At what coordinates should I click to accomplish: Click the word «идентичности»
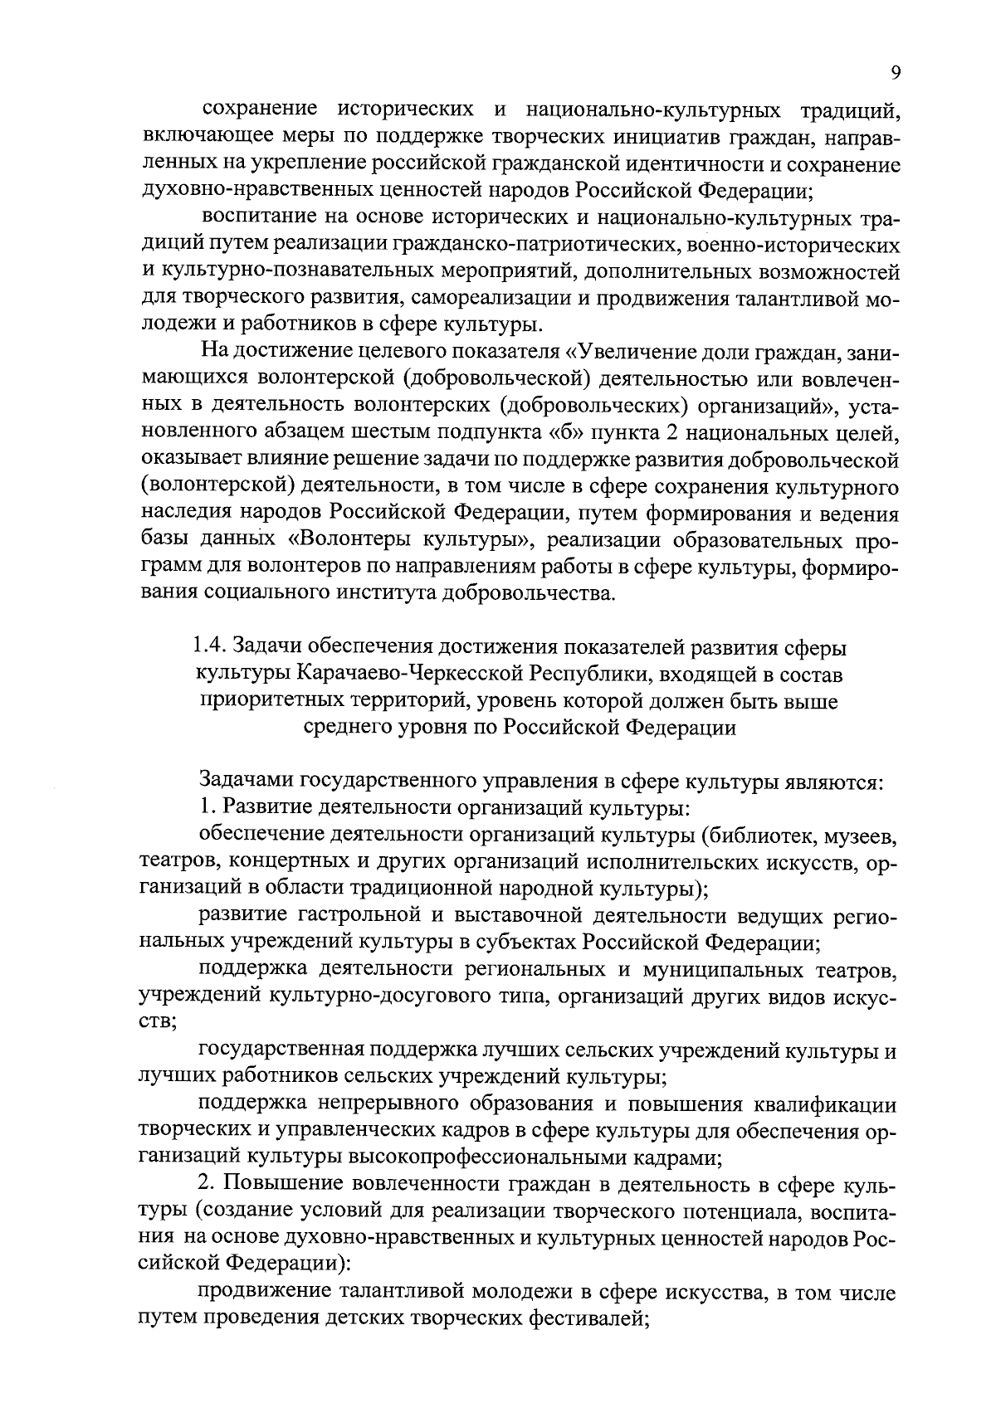[x=659, y=164]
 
